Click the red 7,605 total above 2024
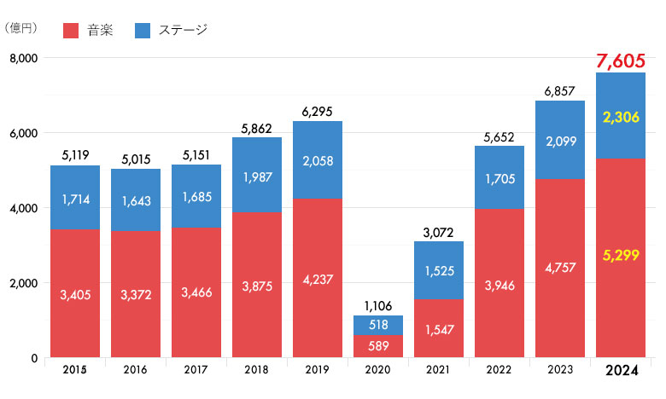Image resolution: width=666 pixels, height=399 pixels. (x=620, y=61)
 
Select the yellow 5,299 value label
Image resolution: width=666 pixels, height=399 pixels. (x=620, y=254)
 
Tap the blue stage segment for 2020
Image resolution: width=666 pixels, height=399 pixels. (x=378, y=325)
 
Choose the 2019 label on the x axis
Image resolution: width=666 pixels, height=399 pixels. (x=318, y=370)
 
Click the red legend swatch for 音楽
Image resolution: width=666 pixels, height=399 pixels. (x=71, y=31)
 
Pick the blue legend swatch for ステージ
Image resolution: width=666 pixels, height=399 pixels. (x=143, y=31)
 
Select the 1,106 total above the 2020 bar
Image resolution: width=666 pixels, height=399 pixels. (x=378, y=305)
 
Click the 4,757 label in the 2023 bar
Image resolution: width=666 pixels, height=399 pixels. (x=560, y=267)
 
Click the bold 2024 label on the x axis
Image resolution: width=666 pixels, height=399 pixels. (x=620, y=371)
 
